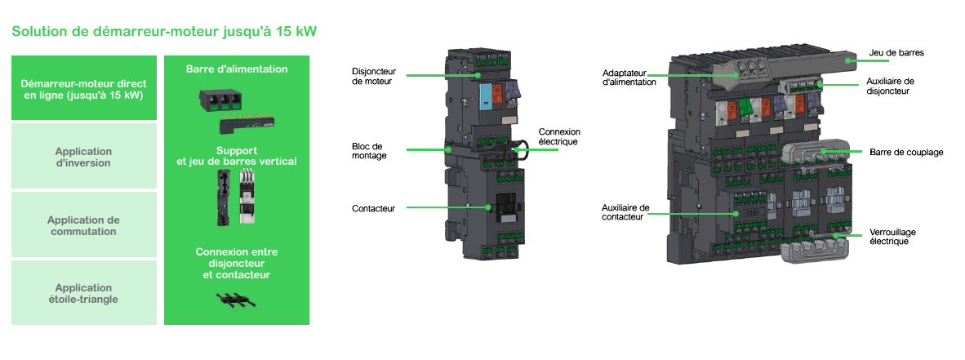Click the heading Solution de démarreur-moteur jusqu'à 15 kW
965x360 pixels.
163,32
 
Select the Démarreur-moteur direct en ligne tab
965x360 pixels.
84,89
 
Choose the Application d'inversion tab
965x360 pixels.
84,157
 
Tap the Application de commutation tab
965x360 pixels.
84,225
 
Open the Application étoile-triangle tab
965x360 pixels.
84,293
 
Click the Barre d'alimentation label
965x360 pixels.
237,69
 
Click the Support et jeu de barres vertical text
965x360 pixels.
237,156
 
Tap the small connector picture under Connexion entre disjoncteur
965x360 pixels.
237,299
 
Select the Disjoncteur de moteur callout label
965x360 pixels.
372,76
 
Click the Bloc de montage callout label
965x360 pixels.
368,150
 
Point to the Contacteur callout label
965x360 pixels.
374,208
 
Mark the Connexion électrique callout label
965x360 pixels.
559,136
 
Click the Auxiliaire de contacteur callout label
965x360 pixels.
625,212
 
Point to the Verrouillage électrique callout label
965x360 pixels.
889,236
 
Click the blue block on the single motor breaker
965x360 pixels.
485,95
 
